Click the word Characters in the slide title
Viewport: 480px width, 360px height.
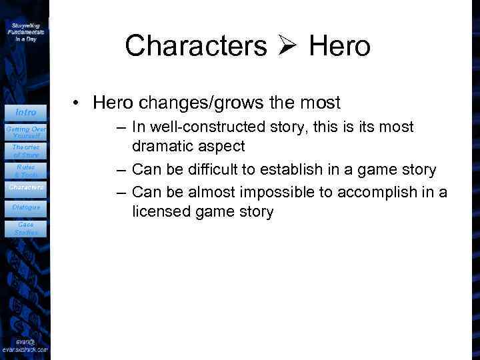pos(195,46)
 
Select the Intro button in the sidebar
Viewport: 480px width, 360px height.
pos(26,112)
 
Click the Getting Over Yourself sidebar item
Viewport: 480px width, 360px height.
pos(26,131)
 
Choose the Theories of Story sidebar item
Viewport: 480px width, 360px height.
pos(26,151)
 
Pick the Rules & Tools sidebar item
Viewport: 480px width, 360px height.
pos(26,170)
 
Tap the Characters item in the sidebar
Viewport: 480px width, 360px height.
pos(26,187)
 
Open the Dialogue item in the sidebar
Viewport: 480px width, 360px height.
pos(26,207)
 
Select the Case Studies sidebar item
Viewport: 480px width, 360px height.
pos(26,228)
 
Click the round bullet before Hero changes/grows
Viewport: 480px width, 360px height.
pos(78,103)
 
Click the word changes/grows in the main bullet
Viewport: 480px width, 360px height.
pos(199,103)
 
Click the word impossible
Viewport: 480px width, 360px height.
pos(271,192)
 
